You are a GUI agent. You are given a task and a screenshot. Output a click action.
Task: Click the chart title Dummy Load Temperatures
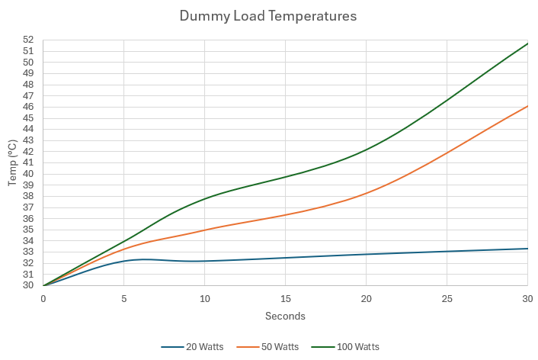tap(268, 15)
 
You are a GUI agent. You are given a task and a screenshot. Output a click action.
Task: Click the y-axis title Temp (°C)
tap(12, 162)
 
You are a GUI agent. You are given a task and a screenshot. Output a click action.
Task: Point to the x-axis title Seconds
tap(285, 316)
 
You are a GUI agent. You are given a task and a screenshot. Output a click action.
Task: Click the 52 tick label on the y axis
tap(28, 40)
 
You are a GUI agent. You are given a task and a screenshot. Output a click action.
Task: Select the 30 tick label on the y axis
tap(28, 285)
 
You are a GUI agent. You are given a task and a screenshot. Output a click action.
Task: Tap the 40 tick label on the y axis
tap(28, 174)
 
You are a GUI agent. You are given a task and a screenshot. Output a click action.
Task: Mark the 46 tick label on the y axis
tap(28, 107)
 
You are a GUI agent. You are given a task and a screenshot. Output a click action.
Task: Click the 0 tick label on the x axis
tap(43, 298)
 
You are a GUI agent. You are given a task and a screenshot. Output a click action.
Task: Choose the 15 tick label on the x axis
tap(286, 298)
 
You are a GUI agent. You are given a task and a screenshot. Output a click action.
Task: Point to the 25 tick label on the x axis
tap(447, 298)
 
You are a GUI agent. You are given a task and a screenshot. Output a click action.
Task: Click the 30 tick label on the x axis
tap(527, 298)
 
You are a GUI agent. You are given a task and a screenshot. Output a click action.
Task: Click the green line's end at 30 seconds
tap(527, 43)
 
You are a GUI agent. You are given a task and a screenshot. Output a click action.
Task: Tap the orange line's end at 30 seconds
tap(527, 106)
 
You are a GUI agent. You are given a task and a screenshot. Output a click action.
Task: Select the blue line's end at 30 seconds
tap(527, 249)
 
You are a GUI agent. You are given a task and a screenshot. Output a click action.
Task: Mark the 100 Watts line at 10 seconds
tap(205, 199)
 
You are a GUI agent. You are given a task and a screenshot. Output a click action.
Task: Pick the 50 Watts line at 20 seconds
tap(367, 193)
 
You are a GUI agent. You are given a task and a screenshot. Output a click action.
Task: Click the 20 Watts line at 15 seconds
tap(286, 258)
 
